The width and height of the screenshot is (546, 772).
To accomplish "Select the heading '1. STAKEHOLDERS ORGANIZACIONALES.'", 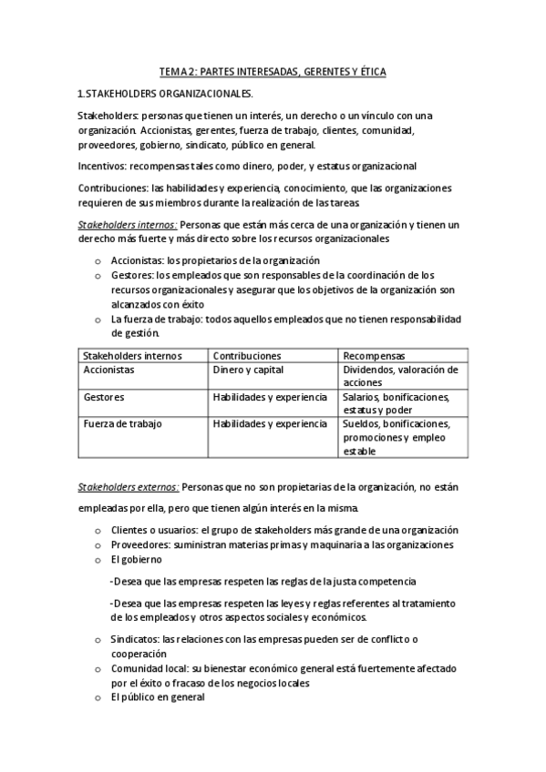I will (165, 94).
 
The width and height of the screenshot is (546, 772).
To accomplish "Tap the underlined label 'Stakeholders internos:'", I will (127, 224).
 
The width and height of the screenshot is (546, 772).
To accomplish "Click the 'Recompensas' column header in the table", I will (374, 355).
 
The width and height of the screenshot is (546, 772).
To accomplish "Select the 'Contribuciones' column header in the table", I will (246, 355).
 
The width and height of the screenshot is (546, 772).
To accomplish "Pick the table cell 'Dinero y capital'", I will (248, 371).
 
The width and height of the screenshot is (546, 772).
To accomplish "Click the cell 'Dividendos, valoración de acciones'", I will (400, 377).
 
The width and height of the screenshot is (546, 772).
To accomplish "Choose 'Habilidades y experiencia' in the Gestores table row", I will (269, 398).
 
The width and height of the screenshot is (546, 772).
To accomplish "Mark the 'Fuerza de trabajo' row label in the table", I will (122, 424).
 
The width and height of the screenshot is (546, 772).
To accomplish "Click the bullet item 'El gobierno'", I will (136, 559).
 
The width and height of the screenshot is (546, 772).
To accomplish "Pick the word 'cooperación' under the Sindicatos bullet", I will (139, 653).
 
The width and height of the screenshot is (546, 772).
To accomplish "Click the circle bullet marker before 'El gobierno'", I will (98, 560).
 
